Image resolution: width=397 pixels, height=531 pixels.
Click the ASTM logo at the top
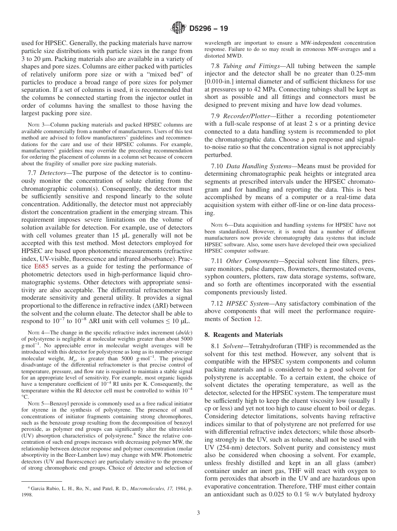178,28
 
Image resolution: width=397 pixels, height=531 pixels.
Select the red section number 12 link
258,319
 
